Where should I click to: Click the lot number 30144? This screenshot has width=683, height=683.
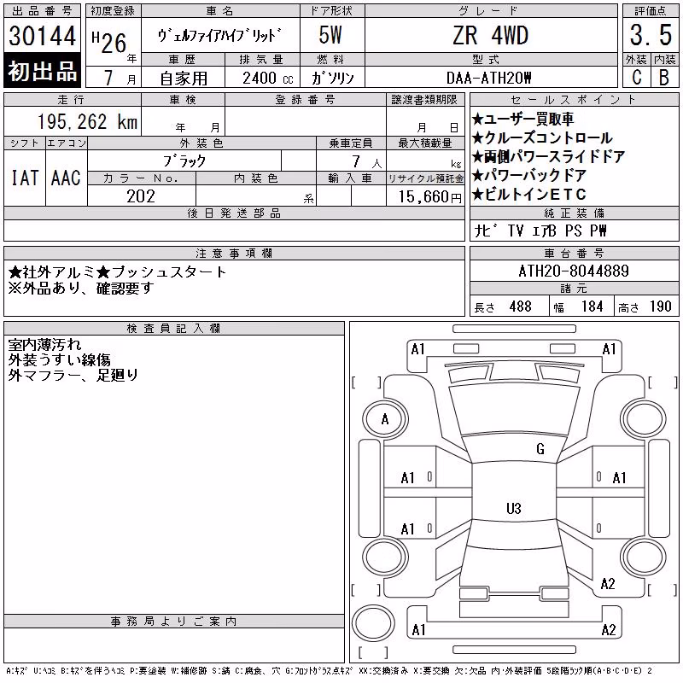[x=42, y=36]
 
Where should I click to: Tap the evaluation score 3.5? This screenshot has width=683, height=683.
[x=651, y=35]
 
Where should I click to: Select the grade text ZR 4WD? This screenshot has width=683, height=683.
[x=490, y=35]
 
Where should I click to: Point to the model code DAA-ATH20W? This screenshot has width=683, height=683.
[x=488, y=78]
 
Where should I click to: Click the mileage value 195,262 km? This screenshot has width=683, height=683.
[x=88, y=121]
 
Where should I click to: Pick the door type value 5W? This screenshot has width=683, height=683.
[x=330, y=35]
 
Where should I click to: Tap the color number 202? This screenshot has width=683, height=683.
[x=141, y=196]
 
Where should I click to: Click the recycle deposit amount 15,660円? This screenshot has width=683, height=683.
[x=430, y=197]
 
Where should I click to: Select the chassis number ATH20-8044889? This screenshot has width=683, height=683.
[x=574, y=271]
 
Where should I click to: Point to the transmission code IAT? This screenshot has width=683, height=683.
[x=25, y=178]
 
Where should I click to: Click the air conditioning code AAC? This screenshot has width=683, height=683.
[x=67, y=178]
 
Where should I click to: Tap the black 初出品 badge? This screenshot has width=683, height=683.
[x=42, y=71]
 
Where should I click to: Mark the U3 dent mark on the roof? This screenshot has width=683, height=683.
[x=514, y=508]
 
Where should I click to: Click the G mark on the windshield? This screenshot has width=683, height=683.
[x=540, y=449]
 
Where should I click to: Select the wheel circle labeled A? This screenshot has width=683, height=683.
[x=385, y=420]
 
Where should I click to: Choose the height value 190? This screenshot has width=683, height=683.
[x=660, y=306]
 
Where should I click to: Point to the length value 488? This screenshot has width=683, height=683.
[x=521, y=306]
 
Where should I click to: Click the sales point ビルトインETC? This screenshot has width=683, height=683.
[x=529, y=195]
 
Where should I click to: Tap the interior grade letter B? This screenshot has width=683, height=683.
[x=664, y=78]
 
